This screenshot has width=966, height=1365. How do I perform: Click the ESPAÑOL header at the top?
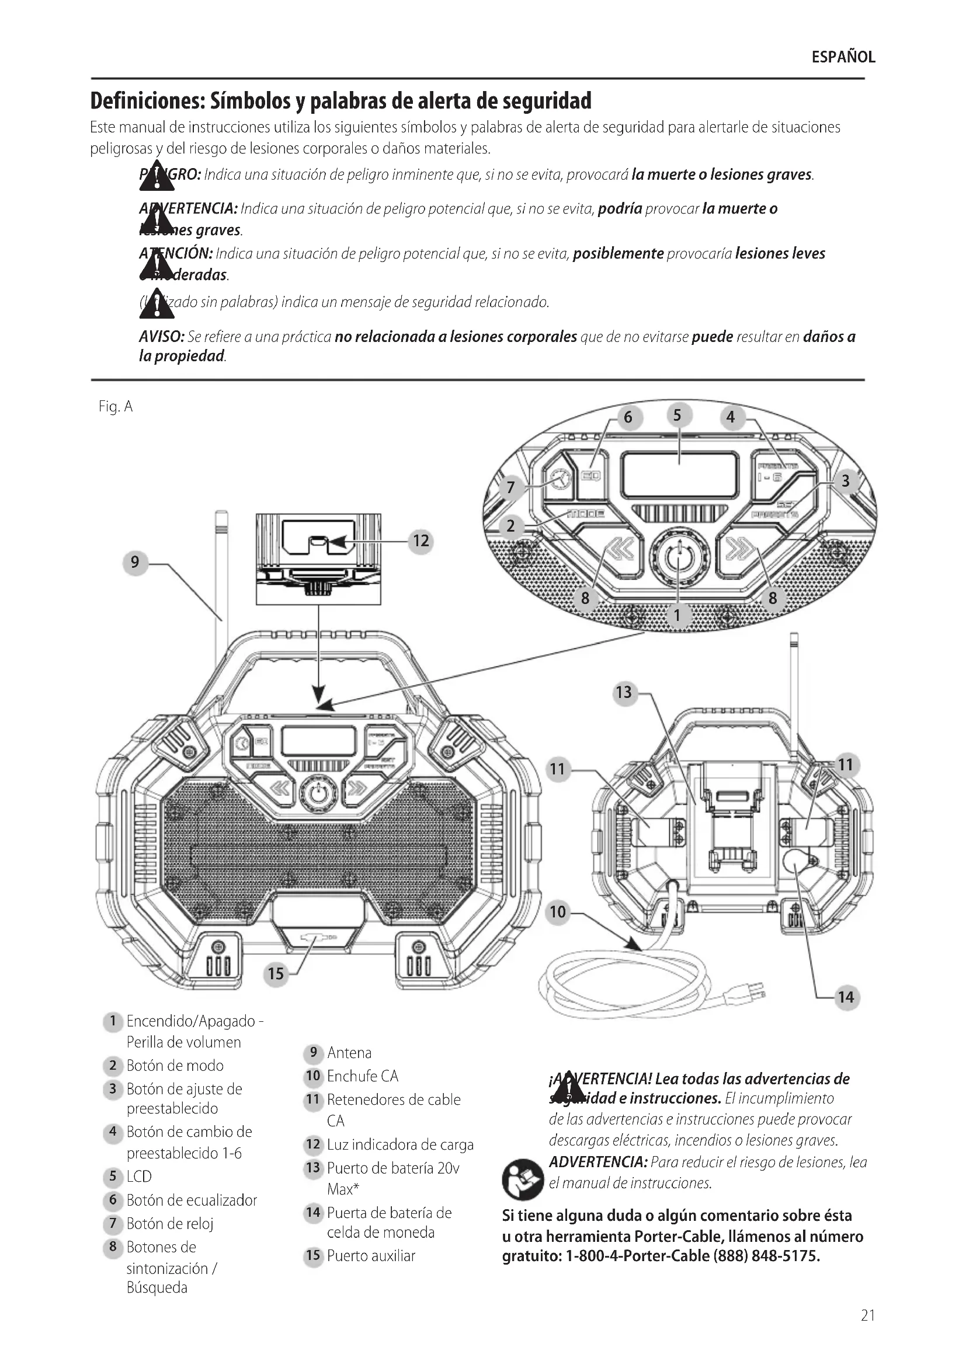coord(843,57)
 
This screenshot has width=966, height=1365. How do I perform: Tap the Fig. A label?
coord(116,407)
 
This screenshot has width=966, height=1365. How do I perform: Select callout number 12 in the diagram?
coord(421,541)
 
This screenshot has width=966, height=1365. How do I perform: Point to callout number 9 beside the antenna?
coord(135,562)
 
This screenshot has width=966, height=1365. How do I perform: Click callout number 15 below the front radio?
coord(276,973)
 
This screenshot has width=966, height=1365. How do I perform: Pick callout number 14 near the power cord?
coord(845,997)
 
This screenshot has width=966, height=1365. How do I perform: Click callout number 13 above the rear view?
coord(623,693)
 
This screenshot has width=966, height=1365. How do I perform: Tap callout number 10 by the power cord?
coord(557,912)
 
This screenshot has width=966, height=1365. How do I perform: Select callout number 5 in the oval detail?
coord(677,415)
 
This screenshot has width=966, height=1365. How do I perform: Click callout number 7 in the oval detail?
coord(510,488)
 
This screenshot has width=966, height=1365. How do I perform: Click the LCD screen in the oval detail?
coord(679,475)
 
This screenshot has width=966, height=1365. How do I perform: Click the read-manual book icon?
coord(522,1179)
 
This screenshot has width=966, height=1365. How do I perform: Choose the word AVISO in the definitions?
coord(161,337)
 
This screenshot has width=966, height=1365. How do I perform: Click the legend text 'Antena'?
coord(349,1053)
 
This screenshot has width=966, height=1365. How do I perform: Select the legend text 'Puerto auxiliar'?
coord(371,1256)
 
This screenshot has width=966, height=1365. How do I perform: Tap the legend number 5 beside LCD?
coord(112,1177)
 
